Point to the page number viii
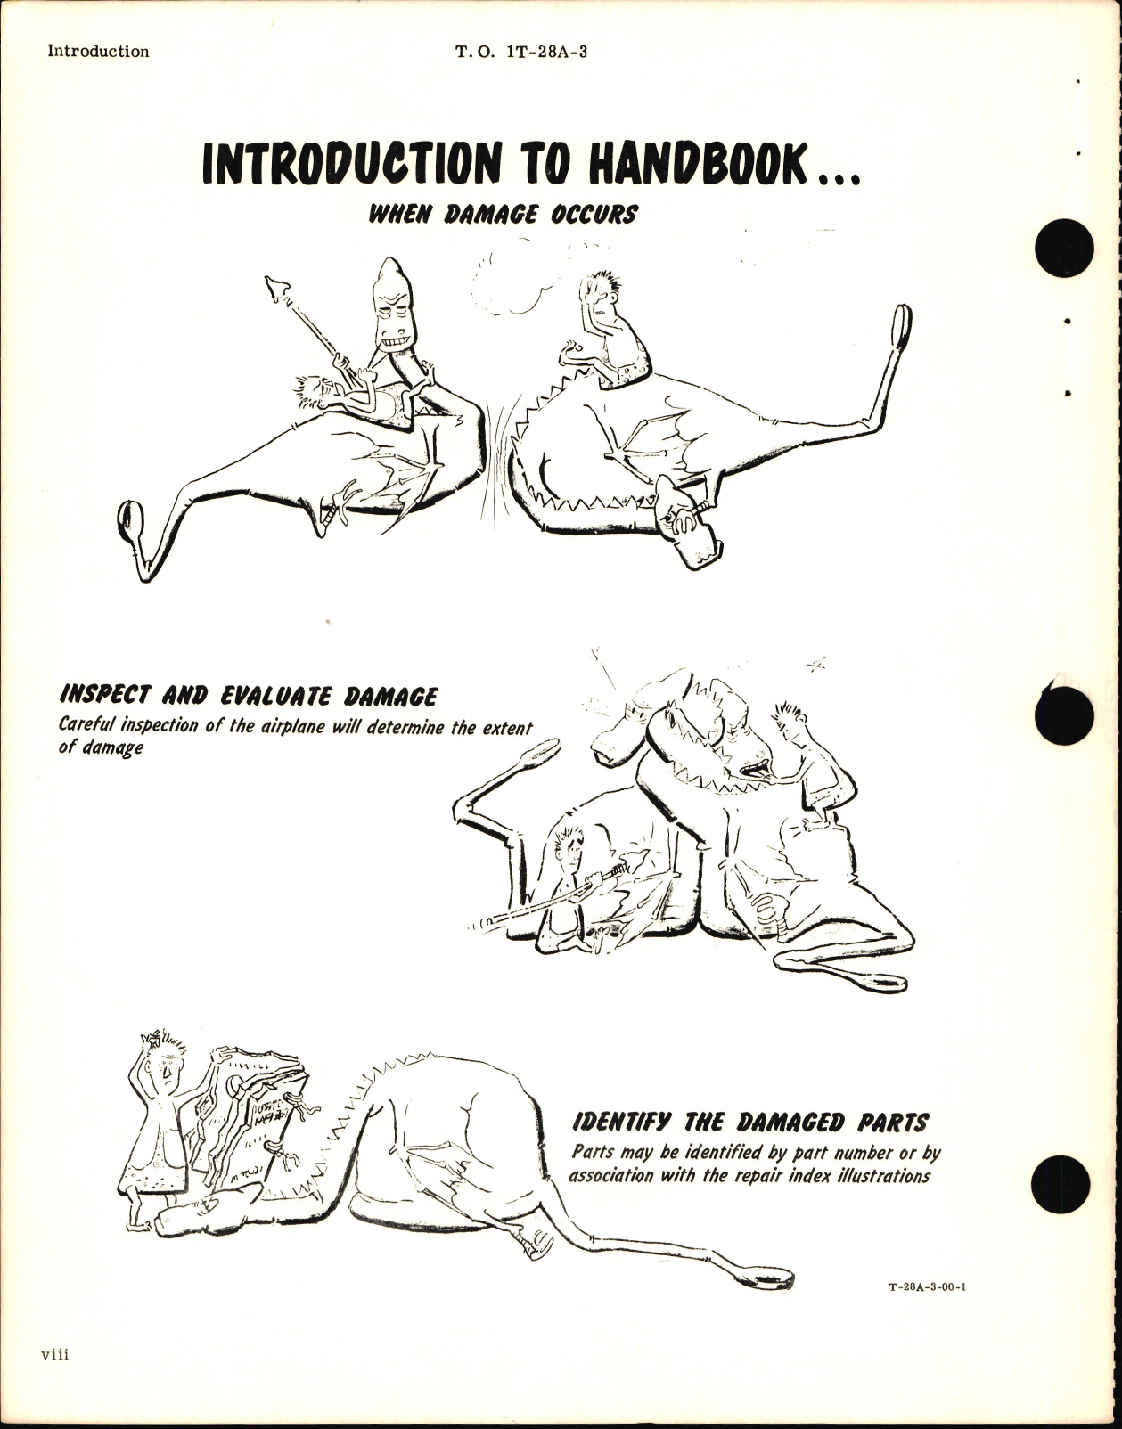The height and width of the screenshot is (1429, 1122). [54, 1380]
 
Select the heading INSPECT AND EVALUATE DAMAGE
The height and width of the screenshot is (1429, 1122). [248, 696]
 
